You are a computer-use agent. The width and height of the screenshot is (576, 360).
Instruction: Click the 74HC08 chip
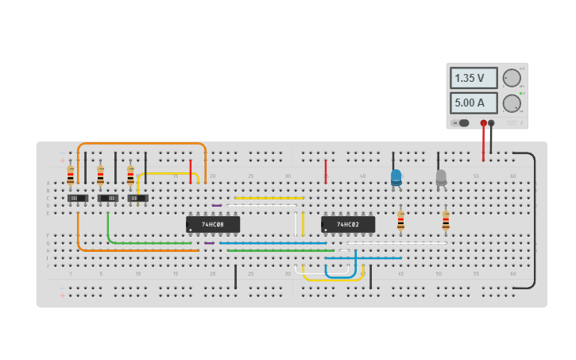pos(213,225)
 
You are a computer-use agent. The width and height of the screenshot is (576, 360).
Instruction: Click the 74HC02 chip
pos(348,225)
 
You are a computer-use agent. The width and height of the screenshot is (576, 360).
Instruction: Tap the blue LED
pos(396,177)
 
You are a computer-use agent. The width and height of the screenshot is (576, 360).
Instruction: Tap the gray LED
pos(441,177)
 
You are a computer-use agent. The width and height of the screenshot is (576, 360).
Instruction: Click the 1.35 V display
pos(474,78)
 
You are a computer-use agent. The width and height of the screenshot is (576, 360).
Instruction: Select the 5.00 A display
pos(474,103)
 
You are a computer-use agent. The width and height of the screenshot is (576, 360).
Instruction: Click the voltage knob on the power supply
pos(512,78)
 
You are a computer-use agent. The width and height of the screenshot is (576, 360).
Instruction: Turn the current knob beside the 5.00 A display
pos(512,103)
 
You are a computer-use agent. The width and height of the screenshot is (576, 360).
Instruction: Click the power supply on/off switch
pos(462,123)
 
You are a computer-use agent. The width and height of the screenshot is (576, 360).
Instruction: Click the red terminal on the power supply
pos(483,123)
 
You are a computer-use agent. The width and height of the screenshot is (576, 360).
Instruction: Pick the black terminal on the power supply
pos(491,123)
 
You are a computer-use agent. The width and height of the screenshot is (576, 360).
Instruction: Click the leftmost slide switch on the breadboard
pos(77,198)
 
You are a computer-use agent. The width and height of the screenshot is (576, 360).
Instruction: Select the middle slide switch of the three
pos(107,198)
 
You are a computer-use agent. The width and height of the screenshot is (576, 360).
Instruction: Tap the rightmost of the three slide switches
pos(137,198)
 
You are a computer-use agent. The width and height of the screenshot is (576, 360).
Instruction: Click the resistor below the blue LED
pos(400,221)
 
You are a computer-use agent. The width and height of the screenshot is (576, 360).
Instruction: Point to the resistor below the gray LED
pos(446,221)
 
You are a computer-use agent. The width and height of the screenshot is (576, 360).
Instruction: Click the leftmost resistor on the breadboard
pos(71,176)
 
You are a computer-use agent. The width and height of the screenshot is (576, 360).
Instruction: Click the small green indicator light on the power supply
pos(521,94)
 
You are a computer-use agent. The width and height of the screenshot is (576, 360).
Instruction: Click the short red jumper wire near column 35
pos(325,171)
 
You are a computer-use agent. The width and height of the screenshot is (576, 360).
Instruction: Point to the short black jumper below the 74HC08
pos(235,277)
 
